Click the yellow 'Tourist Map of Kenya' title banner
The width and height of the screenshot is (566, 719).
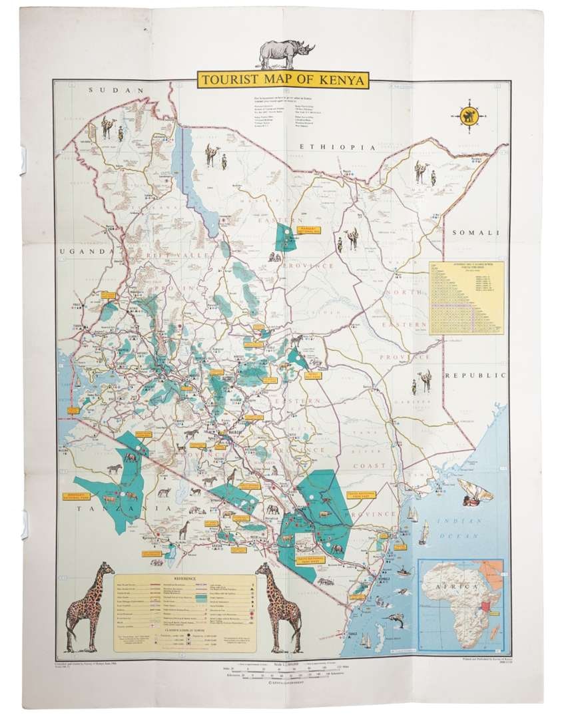click(x=282, y=81)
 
